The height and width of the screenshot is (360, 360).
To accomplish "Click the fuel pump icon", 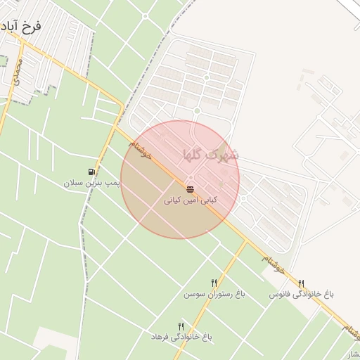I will tap(92, 172).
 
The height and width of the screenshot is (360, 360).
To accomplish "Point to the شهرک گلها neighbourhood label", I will tap(210, 153).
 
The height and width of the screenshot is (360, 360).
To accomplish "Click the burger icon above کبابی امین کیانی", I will tap(191, 188).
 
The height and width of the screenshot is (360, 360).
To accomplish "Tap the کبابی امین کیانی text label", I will tap(191, 200).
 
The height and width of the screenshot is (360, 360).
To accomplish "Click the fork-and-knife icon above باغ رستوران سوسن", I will tap(214, 283).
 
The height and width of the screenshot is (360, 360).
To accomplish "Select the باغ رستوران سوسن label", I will tap(214, 294).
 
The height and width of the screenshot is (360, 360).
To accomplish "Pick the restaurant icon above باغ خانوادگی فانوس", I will tap(302, 283).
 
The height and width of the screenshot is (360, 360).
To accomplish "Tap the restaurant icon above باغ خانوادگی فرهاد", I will tap(181, 326).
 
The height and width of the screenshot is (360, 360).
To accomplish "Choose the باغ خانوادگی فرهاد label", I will tap(181, 337).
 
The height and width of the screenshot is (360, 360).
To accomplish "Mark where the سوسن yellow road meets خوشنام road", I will tap(247, 240).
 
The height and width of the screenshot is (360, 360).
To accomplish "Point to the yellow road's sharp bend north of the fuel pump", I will tap(124, 107).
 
